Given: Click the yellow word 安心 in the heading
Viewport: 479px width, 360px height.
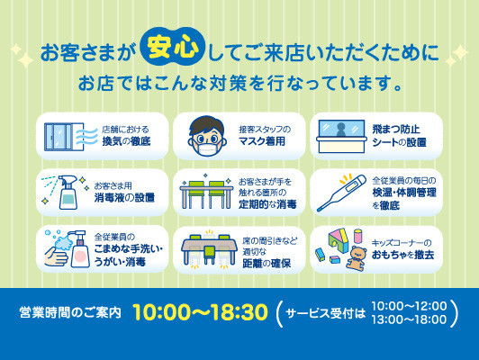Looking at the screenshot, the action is (172, 48).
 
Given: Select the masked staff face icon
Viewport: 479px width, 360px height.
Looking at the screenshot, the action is (207, 137).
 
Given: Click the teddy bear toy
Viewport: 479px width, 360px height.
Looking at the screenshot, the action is (357, 258).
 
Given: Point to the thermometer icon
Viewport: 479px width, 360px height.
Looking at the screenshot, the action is (341, 193).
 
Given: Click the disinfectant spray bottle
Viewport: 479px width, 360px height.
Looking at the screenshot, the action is (68, 192).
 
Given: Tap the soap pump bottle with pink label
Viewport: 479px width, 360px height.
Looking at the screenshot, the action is (79, 249).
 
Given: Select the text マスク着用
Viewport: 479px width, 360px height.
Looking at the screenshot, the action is (262, 141).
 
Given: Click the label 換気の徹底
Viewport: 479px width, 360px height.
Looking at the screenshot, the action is (126, 141).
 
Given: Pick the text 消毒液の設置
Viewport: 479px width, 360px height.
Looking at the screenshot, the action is (124, 198).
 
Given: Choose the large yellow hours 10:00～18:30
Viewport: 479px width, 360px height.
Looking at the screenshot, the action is (201, 312).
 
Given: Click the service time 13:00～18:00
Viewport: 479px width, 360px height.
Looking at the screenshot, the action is (409, 319).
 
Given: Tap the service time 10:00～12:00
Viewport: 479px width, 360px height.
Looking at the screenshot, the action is (409, 306).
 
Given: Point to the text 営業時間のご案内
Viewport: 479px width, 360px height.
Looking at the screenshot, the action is (70, 312).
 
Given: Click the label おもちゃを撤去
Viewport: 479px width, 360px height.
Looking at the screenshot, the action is (403, 255).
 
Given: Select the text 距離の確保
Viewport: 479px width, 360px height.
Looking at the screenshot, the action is (267, 263).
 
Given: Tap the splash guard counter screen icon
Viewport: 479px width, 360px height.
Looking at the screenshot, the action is (341, 136).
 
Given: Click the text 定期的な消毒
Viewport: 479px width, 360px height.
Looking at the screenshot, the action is (267, 204).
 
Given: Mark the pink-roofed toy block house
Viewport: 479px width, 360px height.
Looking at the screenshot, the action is (339, 242).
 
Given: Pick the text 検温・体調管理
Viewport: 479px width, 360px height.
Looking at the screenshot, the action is (404, 193).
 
